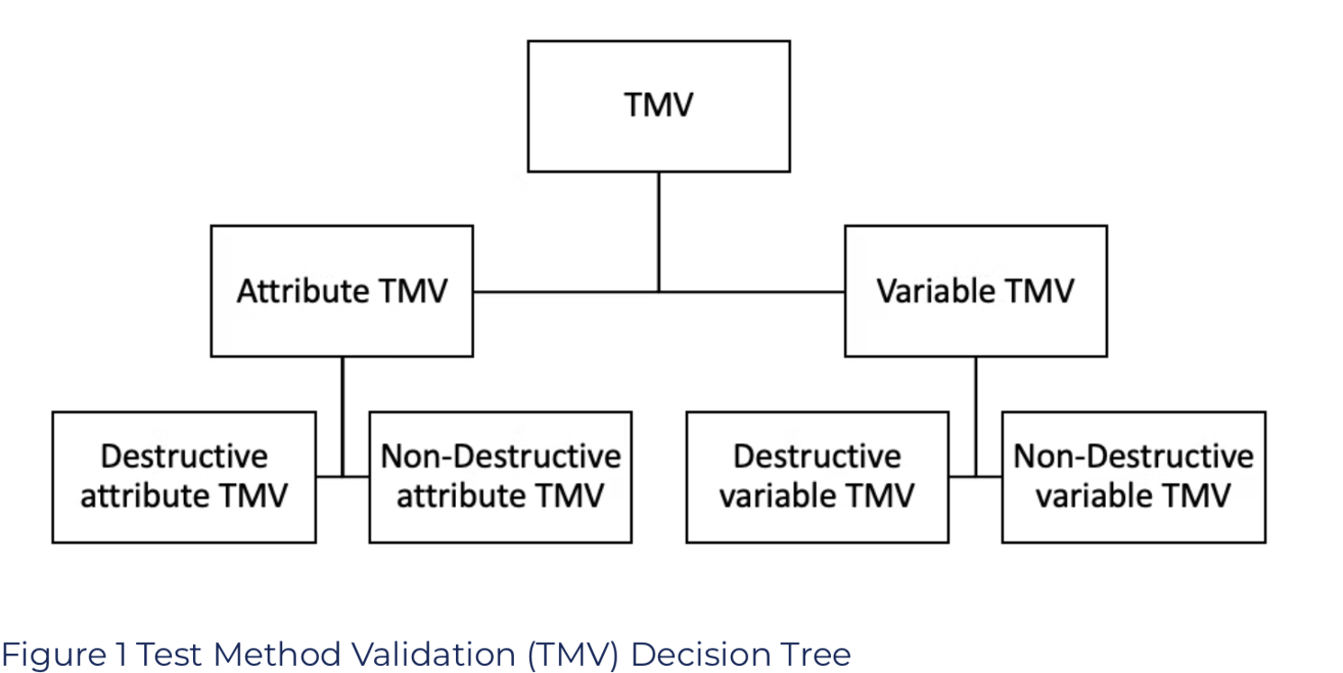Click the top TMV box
click(x=659, y=106)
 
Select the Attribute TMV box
click(x=342, y=291)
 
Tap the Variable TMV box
click(x=976, y=291)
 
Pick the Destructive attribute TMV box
click(x=184, y=477)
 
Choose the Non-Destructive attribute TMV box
click(x=500, y=477)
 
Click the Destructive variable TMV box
click(x=818, y=477)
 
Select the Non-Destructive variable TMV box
click(x=1134, y=477)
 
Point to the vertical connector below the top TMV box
click(x=659, y=232)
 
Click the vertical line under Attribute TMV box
click(x=343, y=417)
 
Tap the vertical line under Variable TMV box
click(x=975, y=417)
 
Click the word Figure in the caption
click(x=54, y=655)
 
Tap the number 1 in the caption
click(x=122, y=654)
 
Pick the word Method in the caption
click(x=277, y=654)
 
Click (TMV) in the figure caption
click(x=572, y=654)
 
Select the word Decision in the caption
click(x=700, y=654)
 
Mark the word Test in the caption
click(x=169, y=654)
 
